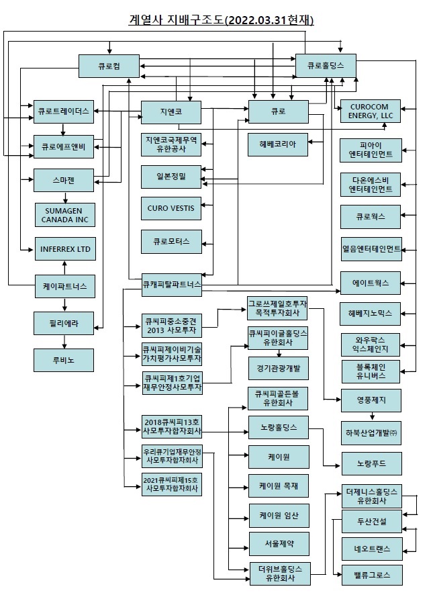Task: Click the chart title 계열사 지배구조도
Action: [221, 20]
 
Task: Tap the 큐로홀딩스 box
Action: [325, 66]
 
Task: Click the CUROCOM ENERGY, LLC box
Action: [371, 111]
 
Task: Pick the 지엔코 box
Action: [171, 110]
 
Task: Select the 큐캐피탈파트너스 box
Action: [171, 285]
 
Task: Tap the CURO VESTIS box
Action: [171, 208]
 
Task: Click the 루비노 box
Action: [65, 359]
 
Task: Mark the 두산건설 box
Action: [371, 521]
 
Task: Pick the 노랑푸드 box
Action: [371, 463]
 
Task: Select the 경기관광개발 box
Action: [278, 369]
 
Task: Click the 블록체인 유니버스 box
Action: [371, 371]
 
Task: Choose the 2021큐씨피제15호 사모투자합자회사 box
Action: [171, 485]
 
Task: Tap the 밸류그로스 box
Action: [371, 575]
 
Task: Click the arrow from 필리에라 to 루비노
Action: [65, 341]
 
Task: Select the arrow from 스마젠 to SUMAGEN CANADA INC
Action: [65, 197]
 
